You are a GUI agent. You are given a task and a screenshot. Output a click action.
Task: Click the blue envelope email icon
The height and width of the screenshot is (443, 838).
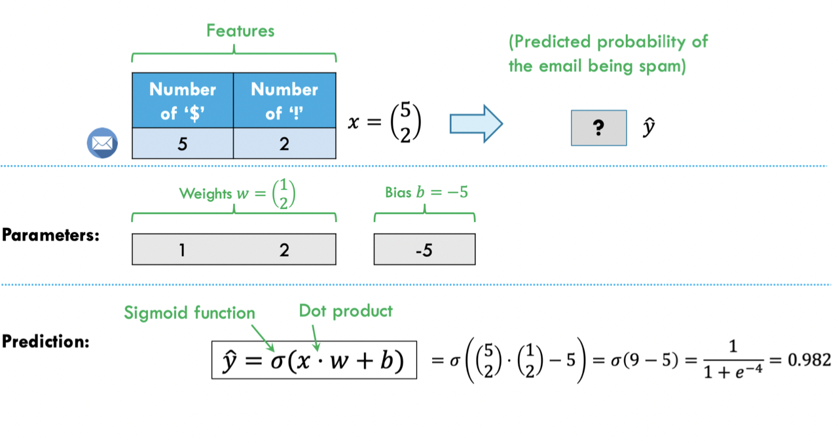(x=102, y=143)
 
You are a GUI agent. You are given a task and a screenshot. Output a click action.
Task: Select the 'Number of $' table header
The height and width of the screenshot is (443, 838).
(x=183, y=100)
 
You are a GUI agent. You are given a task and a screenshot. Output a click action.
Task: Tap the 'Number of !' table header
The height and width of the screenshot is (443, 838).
(x=284, y=100)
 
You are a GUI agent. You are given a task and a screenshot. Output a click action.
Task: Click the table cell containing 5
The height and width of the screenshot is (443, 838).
(x=183, y=144)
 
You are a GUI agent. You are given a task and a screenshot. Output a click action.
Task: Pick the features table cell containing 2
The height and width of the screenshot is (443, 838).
(x=284, y=144)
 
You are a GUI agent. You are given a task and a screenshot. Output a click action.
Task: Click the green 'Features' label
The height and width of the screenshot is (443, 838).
(x=240, y=30)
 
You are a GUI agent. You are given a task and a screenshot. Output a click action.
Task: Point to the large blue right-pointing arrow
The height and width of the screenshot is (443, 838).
(x=475, y=123)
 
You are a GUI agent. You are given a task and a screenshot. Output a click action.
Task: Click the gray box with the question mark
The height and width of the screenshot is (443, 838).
(x=598, y=128)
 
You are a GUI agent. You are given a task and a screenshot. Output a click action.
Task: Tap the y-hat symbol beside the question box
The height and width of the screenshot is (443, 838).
(x=648, y=128)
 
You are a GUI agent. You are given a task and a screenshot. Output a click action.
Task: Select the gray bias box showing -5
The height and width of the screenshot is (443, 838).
(x=424, y=250)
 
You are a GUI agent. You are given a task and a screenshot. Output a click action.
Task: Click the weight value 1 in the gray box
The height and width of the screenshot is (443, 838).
(x=183, y=250)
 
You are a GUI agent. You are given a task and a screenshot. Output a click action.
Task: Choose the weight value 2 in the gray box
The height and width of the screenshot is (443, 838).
(x=284, y=250)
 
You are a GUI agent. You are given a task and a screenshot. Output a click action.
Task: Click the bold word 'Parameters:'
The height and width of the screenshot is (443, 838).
(x=50, y=235)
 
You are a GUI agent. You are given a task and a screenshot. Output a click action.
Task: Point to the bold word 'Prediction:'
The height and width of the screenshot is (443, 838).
(x=45, y=341)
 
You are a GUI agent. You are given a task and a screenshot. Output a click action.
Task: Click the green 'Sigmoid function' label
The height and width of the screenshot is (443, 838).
(x=189, y=313)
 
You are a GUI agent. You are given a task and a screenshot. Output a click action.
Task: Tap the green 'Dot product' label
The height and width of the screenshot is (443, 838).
(x=346, y=310)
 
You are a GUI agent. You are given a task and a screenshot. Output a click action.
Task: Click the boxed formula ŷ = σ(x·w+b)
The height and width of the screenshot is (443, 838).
(x=314, y=360)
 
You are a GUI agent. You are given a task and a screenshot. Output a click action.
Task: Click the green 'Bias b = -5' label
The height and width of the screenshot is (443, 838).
(x=426, y=193)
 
